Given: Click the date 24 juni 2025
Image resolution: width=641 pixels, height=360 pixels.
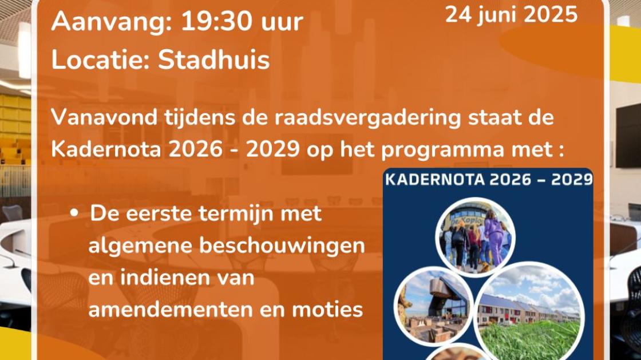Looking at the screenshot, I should pos(511,14).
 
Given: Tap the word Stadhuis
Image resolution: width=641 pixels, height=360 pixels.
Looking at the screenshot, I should pos(213,60).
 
